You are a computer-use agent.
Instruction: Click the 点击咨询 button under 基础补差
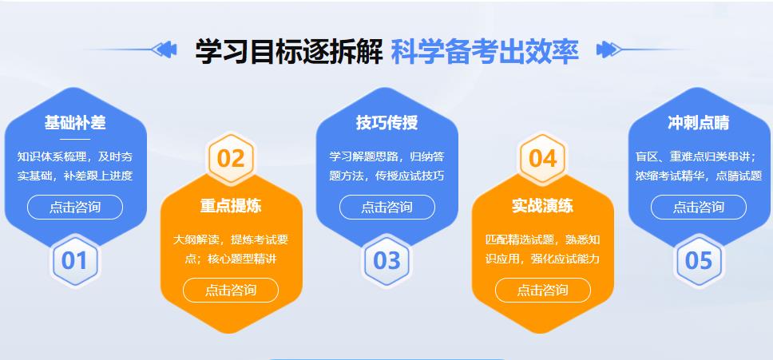75,208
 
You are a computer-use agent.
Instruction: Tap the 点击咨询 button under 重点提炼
231,290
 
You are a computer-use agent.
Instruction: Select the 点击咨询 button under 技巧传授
387,208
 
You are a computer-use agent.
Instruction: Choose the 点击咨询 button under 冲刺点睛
699,208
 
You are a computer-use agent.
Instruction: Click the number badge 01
75,260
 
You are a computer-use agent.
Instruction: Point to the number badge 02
231,158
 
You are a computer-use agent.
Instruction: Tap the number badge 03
387,260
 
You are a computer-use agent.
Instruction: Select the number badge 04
543,158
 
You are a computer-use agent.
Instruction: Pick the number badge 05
699,260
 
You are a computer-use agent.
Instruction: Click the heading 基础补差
75,123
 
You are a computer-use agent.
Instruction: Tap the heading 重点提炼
231,206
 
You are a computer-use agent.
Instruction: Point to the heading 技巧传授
387,123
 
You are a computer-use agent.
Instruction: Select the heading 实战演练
543,206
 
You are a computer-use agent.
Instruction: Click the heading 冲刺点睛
699,123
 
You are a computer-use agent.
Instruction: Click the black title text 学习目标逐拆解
288,51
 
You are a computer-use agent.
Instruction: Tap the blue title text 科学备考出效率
485,51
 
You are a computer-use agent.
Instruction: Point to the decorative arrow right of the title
608,50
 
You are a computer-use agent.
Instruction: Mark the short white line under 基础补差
75,139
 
